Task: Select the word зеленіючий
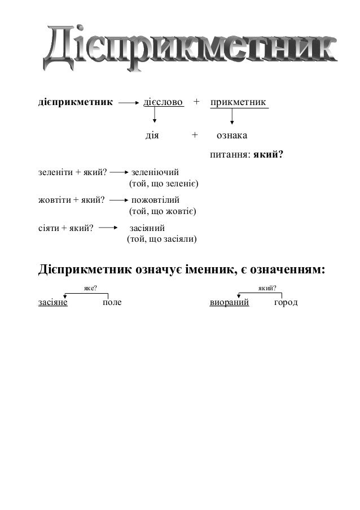pyautogui.click(x=155, y=172)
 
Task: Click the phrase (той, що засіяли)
pyautogui.click(x=161, y=239)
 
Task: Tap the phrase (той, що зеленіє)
pyautogui.click(x=163, y=184)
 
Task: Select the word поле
pyautogui.click(x=112, y=303)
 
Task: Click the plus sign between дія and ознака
pyautogui.click(x=195, y=136)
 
